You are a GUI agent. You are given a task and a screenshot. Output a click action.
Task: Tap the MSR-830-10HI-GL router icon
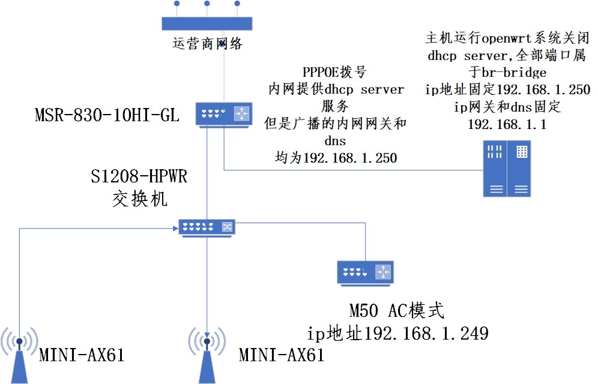coord(223,114)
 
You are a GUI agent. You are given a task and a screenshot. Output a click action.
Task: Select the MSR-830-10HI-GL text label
coord(107,115)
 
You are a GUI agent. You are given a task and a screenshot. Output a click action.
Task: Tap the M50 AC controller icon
coord(365,272)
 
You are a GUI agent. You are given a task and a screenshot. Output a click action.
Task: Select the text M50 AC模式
coord(397,311)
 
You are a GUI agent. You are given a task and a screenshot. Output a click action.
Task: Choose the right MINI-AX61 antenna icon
coord(207,354)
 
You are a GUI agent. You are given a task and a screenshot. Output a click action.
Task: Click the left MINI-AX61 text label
coord(82,355)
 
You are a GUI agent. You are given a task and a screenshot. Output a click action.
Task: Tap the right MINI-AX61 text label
coord(282,355)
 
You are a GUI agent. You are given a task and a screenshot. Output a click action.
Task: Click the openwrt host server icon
coord(507,169)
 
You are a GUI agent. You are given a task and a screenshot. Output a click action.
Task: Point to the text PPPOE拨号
coord(334,73)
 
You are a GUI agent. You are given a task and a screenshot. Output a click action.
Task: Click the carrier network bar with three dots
coord(207,22)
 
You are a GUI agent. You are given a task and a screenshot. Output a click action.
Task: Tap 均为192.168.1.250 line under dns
coord(336,158)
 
